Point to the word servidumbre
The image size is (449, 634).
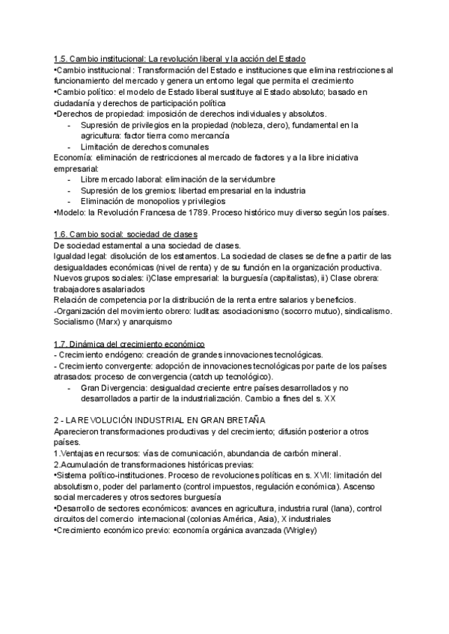click(251, 180)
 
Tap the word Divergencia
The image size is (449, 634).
click(120, 387)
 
